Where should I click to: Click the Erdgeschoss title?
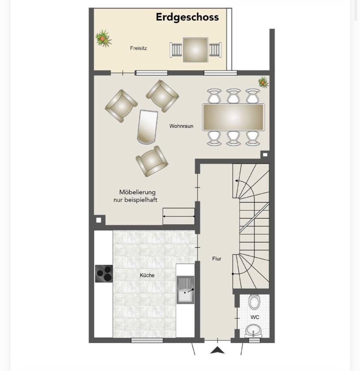point(187,17)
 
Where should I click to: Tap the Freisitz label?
point(138,48)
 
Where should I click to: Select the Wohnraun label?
point(181,126)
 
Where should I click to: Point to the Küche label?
point(147,275)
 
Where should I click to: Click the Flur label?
point(217,259)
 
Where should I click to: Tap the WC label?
point(255,317)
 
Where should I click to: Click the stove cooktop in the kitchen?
point(104,274)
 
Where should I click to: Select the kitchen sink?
point(185,290)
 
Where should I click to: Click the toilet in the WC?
point(254,302)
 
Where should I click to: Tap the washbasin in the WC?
point(253,330)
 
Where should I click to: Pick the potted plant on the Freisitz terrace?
point(104,38)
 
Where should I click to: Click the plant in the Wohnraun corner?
point(263,82)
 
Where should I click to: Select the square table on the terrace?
point(195,50)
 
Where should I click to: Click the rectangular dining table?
point(233,117)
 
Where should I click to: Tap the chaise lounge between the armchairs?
point(147,127)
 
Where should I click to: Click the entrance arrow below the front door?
point(217,350)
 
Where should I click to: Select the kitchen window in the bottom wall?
point(147,340)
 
